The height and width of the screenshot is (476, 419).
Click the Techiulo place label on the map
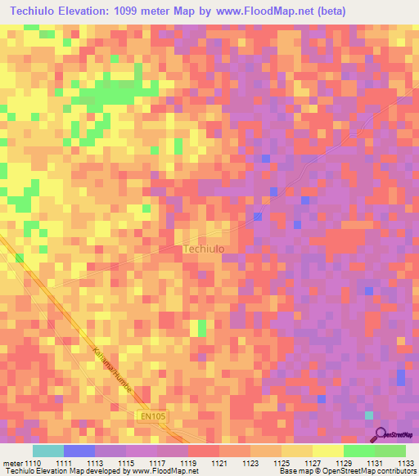tap(204, 249)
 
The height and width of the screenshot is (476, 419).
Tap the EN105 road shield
tap(147, 417)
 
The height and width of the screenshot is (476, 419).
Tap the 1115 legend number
tap(127, 463)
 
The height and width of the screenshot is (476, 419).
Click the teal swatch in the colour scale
tap(47, 451)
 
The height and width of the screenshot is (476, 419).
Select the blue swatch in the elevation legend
tap(79, 451)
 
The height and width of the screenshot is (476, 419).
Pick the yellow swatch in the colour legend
tap(327, 451)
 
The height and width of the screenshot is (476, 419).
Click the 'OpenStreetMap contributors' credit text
tap(370, 471)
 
